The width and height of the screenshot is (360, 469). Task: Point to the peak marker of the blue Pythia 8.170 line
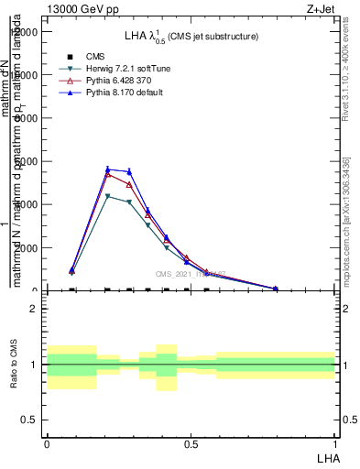point(108,169)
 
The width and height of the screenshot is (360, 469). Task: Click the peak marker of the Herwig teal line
point(108,196)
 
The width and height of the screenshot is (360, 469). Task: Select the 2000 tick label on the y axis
point(27,248)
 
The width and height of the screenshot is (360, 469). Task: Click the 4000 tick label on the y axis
point(27,205)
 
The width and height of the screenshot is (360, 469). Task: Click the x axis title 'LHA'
point(326,457)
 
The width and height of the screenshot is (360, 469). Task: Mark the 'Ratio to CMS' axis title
point(14,365)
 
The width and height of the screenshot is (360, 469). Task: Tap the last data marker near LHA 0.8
point(276,289)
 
